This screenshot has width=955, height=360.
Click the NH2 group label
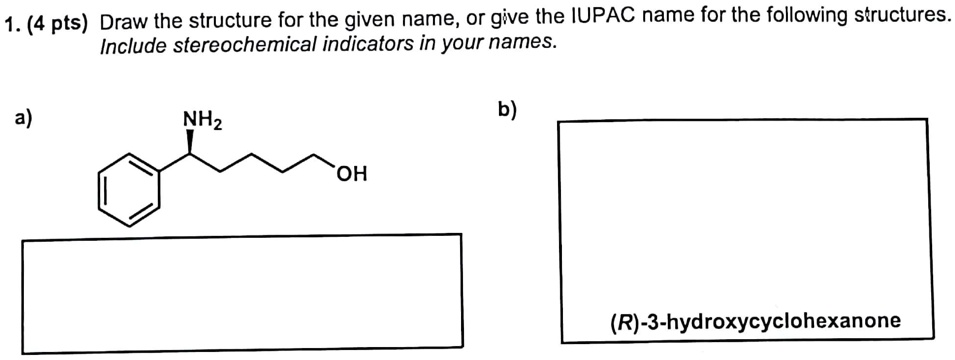click(202, 124)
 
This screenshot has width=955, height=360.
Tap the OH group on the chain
click(352, 176)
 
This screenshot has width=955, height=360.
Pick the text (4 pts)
click(56, 21)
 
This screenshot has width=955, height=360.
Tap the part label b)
click(508, 109)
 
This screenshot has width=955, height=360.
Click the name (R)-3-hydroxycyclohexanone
click(755, 321)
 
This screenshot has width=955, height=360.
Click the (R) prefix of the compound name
click(623, 321)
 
